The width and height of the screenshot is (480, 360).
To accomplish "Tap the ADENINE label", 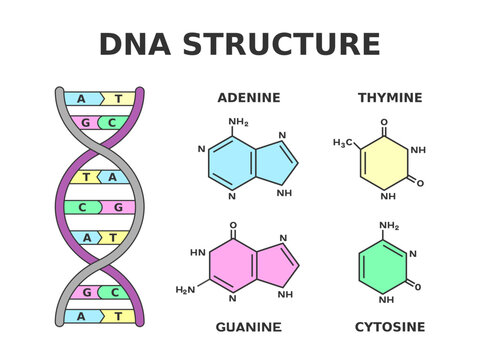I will coord(249,98).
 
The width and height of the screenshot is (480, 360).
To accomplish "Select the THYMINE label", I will coord(390,98).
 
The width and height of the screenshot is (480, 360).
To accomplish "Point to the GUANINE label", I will coord(249,327).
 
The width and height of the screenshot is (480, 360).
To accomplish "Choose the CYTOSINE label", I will coord(390,327).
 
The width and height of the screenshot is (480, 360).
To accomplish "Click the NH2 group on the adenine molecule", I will coord(238,123).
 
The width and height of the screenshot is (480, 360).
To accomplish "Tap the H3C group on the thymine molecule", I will coord(342,144).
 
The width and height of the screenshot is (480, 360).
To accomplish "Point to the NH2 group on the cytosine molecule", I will coord(390,226).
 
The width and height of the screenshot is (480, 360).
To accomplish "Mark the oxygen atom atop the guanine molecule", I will coord(233,226).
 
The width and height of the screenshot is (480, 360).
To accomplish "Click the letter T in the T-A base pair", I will coord(87,177).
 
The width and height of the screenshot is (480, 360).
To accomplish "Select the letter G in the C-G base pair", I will coord(118,207).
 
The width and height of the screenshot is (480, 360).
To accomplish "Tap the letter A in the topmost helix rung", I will coord(82,99).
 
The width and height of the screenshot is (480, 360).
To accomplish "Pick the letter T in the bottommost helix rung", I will coord(118,316).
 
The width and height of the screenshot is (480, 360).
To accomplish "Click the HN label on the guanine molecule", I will coord(197,253).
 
